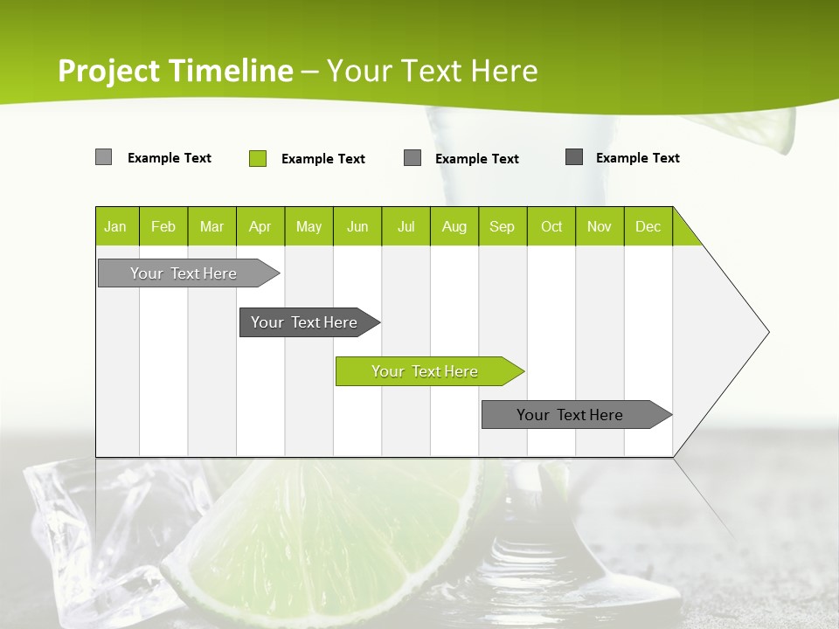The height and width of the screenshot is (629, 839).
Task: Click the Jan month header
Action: (116, 226)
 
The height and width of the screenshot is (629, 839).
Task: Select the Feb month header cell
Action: (163, 226)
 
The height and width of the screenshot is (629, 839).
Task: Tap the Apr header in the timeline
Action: (260, 226)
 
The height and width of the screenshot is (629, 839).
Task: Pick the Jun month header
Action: (357, 226)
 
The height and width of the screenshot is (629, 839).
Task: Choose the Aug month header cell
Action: (454, 226)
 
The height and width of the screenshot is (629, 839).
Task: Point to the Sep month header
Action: (503, 226)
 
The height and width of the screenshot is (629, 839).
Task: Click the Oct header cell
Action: (551, 226)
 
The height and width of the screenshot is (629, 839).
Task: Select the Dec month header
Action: (648, 226)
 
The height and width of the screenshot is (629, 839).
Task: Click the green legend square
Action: (258, 158)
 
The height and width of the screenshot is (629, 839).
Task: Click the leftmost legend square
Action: (104, 157)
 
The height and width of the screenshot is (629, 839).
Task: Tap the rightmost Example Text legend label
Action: (637, 158)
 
